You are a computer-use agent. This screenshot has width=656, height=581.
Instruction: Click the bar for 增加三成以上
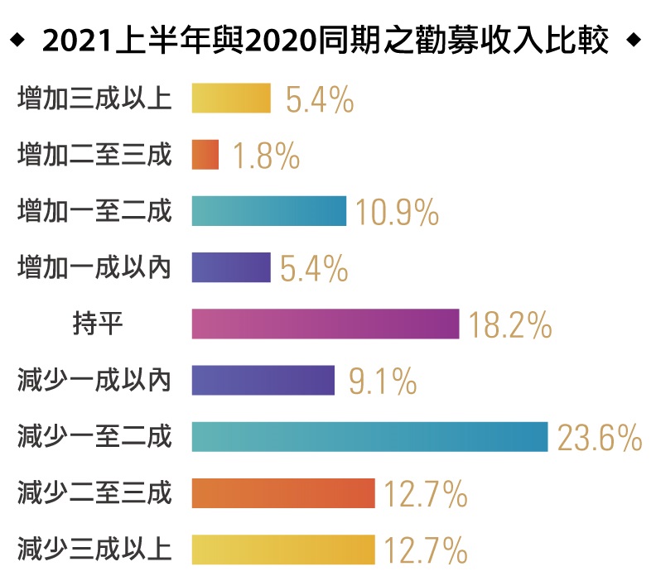tap(231, 98)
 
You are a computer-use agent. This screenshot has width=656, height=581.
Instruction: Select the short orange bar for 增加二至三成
tap(205, 155)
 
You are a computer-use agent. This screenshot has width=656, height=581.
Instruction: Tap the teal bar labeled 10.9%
tap(268, 211)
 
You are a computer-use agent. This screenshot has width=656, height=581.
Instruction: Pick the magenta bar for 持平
tap(325, 324)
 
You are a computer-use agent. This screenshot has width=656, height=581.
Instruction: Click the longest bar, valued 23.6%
tap(369, 436)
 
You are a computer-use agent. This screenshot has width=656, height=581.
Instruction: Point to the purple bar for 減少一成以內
tap(263, 380)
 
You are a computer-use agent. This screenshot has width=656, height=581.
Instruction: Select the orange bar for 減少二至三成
tap(282, 492)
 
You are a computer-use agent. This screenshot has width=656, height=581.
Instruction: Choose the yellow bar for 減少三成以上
tap(282, 549)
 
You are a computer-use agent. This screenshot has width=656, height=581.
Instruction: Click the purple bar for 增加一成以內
tap(231, 267)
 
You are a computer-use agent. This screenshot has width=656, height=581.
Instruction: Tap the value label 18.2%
tap(509, 325)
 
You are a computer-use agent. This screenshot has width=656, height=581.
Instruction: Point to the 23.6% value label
tap(599, 438)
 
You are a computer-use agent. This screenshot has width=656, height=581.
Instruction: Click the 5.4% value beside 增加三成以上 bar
tap(320, 100)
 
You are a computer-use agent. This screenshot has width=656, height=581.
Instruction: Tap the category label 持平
tap(98, 324)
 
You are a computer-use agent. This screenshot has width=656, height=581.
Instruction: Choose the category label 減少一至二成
tap(94, 436)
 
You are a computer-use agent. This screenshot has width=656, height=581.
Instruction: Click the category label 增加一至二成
tap(94, 211)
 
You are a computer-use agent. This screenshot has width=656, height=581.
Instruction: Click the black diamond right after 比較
tap(634, 40)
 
